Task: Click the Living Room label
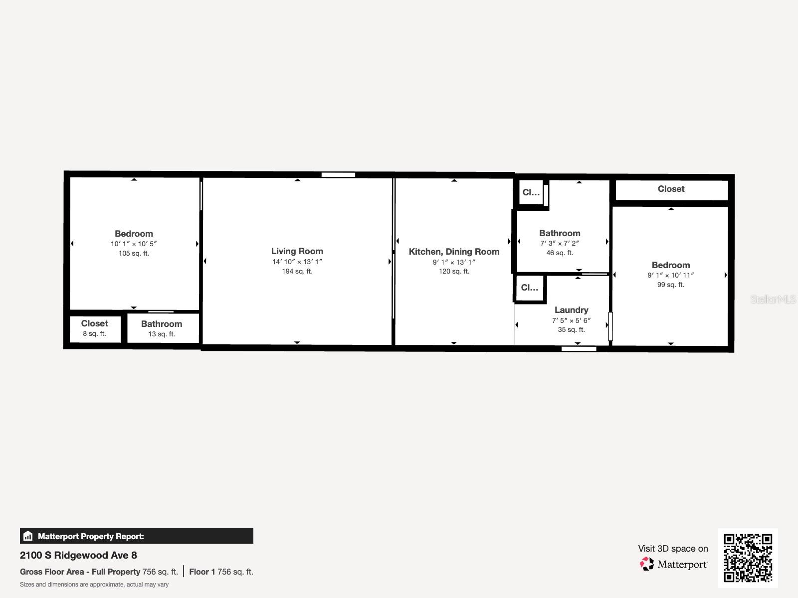pyautogui.click(x=297, y=251)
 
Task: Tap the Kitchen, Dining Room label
pyautogui.click(x=454, y=252)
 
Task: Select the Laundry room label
pyautogui.click(x=571, y=310)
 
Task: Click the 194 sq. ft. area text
pyautogui.click(x=297, y=271)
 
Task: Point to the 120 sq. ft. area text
pyautogui.click(x=454, y=271)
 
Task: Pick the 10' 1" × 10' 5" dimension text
pyautogui.click(x=134, y=244)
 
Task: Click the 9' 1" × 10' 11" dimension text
pyautogui.click(x=670, y=275)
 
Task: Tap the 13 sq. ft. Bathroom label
pyautogui.click(x=161, y=324)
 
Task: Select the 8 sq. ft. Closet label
pyautogui.click(x=94, y=323)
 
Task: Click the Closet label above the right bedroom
pyautogui.click(x=671, y=189)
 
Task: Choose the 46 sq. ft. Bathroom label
pyautogui.click(x=560, y=233)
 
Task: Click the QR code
pyautogui.click(x=748, y=558)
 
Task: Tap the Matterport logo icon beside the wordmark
pyautogui.click(x=647, y=564)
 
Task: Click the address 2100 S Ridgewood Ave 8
pyautogui.click(x=78, y=555)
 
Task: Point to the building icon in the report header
pyautogui.click(x=28, y=536)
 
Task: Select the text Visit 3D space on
pyautogui.click(x=673, y=548)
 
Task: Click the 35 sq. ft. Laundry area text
pyautogui.click(x=571, y=329)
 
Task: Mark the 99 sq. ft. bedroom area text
pyautogui.click(x=670, y=285)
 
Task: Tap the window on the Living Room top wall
pyautogui.click(x=338, y=175)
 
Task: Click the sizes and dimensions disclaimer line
pyautogui.click(x=94, y=585)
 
